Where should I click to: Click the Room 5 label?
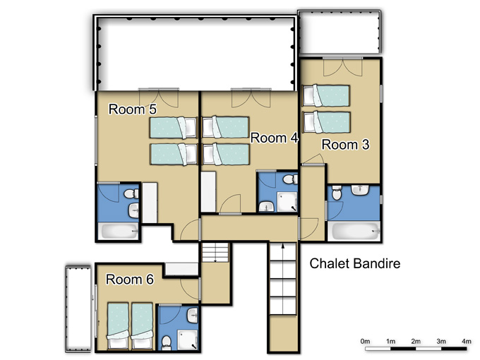click(133, 109)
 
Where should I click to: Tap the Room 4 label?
click(274, 138)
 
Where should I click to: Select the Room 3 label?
click(345, 145)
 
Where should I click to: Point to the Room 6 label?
click(130, 280)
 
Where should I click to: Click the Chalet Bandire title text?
click(355, 263)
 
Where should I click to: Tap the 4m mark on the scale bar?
click(466, 341)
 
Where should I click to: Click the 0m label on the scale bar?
click(365, 341)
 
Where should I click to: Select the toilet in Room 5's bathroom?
click(131, 193)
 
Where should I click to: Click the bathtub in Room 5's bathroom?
click(118, 231)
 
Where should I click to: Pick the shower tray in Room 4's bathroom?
click(287, 202)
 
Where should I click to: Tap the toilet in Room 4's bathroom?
click(290, 179)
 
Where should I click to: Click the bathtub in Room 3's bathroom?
click(354, 231)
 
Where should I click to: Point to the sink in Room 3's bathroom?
click(360, 190)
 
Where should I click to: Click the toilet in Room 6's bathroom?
click(167, 342)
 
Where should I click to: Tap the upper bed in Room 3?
click(326, 96)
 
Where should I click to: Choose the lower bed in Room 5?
click(173, 155)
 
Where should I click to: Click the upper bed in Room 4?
click(226, 127)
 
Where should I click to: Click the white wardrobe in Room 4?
click(208, 191)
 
